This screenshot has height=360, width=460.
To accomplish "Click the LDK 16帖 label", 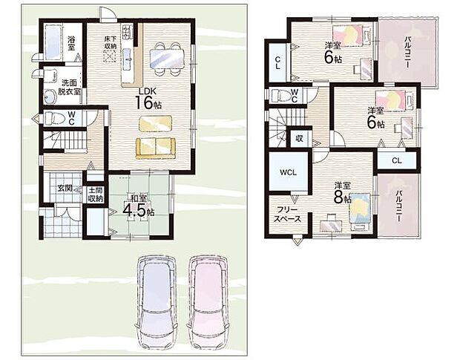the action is [x=148, y=99].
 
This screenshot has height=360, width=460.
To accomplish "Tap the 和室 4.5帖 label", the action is [x=139, y=206].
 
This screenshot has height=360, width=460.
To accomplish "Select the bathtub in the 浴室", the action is [x=53, y=42].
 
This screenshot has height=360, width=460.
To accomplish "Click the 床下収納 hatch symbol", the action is [x=110, y=56].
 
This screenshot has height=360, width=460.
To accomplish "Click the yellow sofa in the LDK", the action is [x=156, y=148].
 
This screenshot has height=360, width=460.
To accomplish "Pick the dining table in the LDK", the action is [x=167, y=58].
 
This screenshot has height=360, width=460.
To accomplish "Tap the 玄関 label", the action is [x=65, y=188].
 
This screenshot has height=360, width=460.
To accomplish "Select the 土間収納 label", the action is [x=96, y=194].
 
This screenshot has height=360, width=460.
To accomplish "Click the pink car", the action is [x=208, y=301].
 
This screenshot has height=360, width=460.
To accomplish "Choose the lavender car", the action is [x=157, y=301].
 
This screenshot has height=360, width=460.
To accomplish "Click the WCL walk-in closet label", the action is [x=288, y=172].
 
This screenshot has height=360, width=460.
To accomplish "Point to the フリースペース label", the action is [x=288, y=215].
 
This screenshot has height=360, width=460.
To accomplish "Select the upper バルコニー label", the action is [x=407, y=52].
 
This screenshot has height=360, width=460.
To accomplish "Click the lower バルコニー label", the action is [x=398, y=206].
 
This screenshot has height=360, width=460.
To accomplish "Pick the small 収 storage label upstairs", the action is [x=299, y=139].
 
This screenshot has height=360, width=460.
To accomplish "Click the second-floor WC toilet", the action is [x=280, y=95].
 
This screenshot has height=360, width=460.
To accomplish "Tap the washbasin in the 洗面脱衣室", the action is [x=50, y=96].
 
